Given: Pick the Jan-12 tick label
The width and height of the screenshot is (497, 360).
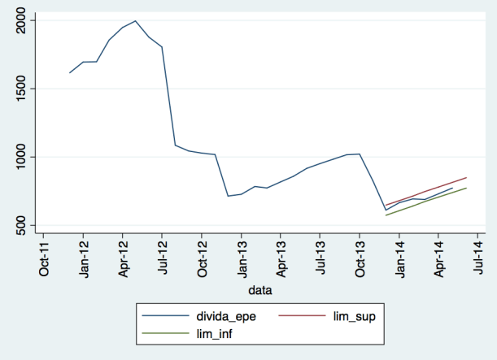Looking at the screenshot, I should [83, 258].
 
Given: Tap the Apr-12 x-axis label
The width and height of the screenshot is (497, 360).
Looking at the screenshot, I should [123, 258].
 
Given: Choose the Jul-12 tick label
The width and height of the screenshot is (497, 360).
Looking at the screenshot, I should [162, 258].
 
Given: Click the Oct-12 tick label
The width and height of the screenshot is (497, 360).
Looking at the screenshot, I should [202, 258].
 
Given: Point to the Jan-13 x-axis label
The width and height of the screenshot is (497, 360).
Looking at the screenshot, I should [242, 258].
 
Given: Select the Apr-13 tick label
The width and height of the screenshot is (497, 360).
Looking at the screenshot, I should [281, 258].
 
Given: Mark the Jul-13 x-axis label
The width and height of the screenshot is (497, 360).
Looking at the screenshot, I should [320, 258].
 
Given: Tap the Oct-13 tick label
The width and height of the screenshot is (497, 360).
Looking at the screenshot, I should [360, 258].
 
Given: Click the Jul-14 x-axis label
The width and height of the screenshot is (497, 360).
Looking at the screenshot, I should [478, 258].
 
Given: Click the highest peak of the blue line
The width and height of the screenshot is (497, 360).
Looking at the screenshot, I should [135, 21].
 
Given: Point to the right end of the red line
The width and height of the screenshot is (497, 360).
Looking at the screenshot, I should [467, 177].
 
